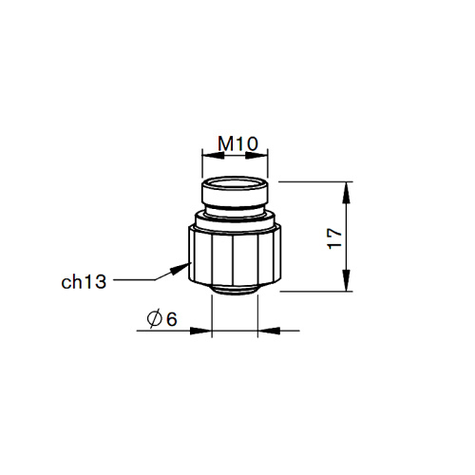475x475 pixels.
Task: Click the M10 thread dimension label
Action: click(x=237, y=143)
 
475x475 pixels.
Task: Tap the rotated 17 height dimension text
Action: click(x=332, y=237)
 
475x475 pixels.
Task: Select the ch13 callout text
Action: click(x=82, y=281)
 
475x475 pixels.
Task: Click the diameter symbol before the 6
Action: click(x=154, y=321)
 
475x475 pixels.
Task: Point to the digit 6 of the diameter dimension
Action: click(x=172, y=321)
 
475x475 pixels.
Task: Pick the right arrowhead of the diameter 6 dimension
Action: click(x=268, y=332)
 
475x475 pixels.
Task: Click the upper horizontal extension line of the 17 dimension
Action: click(x=313, y=181)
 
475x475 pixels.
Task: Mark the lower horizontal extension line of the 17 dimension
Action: click(x=313, y=292)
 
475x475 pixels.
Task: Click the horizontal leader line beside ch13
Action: click(x=133, y=280)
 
